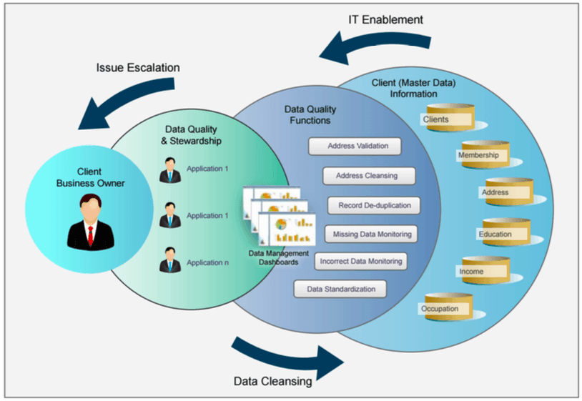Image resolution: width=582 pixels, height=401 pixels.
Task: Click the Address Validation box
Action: (x=355, y=146)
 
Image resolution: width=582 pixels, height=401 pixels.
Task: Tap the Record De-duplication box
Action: (x=375, y=205)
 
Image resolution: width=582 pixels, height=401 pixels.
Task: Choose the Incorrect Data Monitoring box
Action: (x=361, y=261)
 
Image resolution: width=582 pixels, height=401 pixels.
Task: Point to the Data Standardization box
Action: (x=340, y=289)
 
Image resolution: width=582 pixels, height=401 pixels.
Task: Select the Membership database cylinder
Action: (x=484, y=155)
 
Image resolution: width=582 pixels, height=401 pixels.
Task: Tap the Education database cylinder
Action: (x=505, y=233)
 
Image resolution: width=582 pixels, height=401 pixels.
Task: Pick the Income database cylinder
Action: (x=484, y=271)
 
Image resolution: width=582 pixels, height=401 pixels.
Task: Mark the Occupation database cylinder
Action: (x=448, y=308)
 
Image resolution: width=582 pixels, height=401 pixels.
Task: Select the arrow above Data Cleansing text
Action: (x=286, y=353)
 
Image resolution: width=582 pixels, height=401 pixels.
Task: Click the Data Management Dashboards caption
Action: (x=279, y=257)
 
